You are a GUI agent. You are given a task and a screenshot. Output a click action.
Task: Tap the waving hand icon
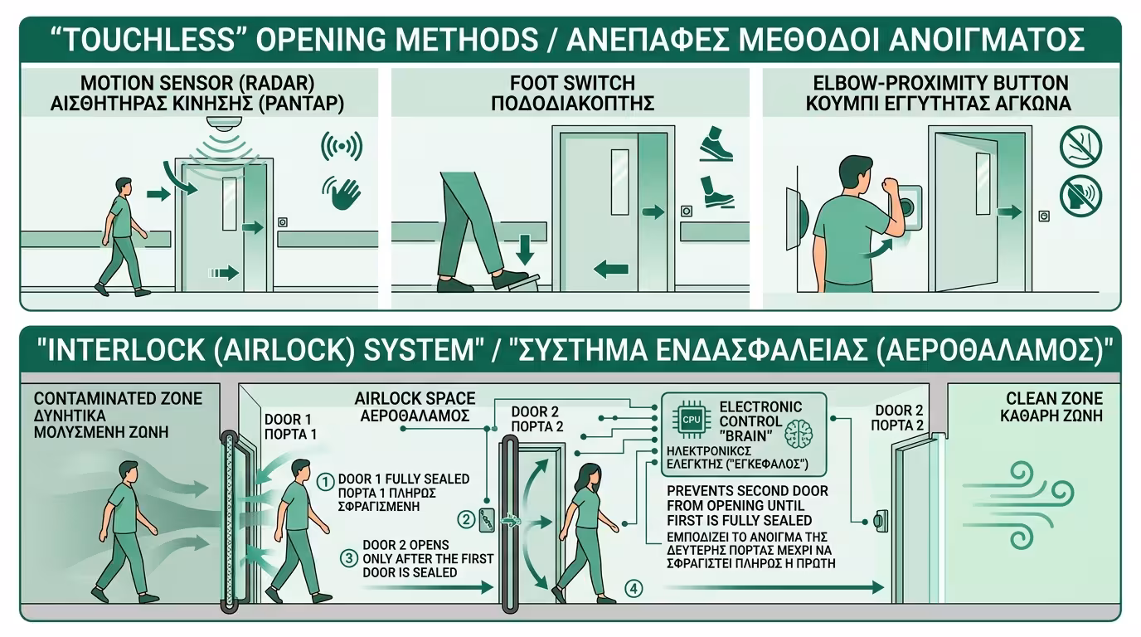pyautogui.click(x=342, y=193)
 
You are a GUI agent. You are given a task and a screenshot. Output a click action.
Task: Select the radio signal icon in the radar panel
pyautogui.click(x=342, y=148)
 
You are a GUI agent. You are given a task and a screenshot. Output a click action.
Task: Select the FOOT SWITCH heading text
pyautogui.click(x=573, y=83)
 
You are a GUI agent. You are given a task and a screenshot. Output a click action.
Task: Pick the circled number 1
pyautogui.click(x=326, y=479)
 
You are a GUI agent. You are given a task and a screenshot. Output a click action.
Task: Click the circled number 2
pyautogui.click(x=468, y=520)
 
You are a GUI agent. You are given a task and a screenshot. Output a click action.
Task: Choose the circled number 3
pyautogui.click(x=349, y=558)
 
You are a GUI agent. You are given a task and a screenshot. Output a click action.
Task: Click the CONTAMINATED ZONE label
pyautogui.click(x=118, y=399)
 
